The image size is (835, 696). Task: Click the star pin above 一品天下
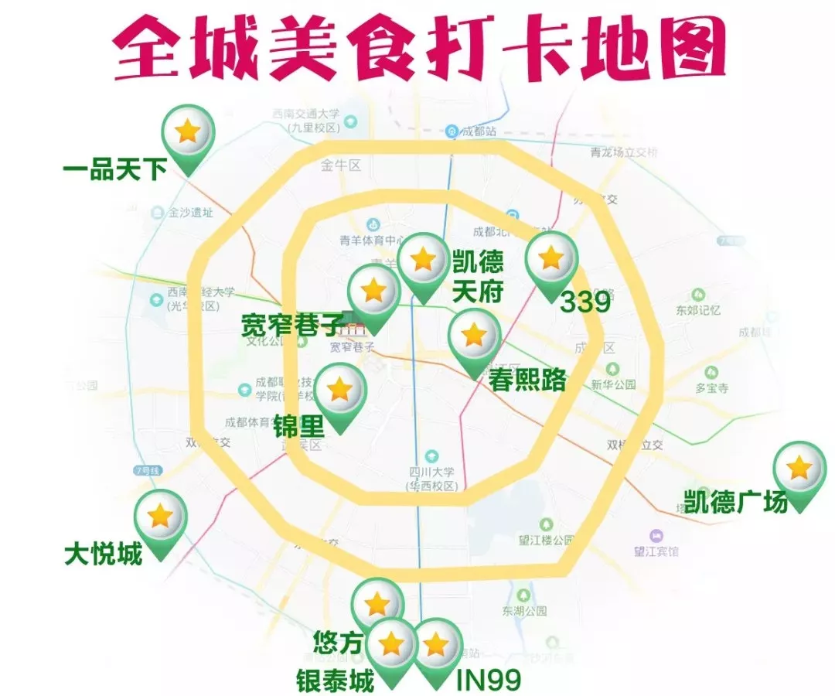coord(188,133)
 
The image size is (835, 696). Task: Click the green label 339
coord(585,302)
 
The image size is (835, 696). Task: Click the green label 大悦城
coord(103,554)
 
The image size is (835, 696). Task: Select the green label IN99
coord(488,681)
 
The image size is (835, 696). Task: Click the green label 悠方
coord(337,642)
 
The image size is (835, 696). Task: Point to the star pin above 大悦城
coord(160,517)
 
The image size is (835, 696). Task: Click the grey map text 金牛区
coord(341,165)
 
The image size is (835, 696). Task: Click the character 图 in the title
coord(689,52)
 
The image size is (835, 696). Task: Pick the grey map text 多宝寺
coord(711,387)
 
